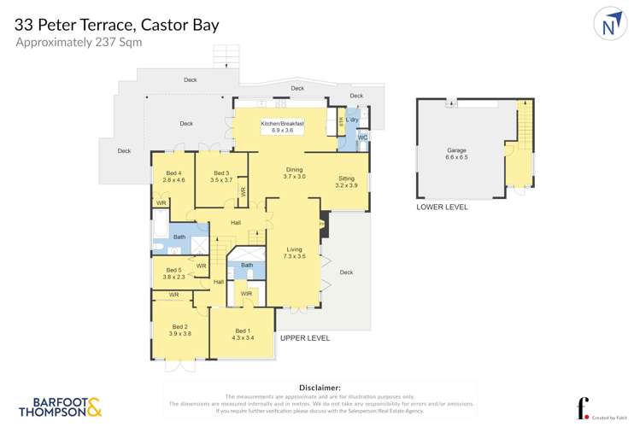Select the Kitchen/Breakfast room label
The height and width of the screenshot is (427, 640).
(282, 127)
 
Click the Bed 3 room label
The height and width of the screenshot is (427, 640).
(221, 177)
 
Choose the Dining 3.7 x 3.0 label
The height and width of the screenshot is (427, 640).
(294, 173)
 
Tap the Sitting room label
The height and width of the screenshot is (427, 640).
(346, 182)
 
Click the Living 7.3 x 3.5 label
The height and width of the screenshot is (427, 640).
(294, 253)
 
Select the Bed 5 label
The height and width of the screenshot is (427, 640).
(174, 273)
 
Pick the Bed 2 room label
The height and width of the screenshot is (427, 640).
(179, 330)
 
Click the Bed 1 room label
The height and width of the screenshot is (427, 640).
(243, 335)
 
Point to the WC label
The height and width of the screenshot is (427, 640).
(362, 137)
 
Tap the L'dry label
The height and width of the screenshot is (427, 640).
(352, 120)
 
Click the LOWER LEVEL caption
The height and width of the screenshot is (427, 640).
(442, 208)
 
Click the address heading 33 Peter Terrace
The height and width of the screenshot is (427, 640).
(116, 24)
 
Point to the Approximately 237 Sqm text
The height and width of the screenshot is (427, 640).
(79, 42)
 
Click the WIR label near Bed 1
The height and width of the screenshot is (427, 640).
(246, 295)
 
